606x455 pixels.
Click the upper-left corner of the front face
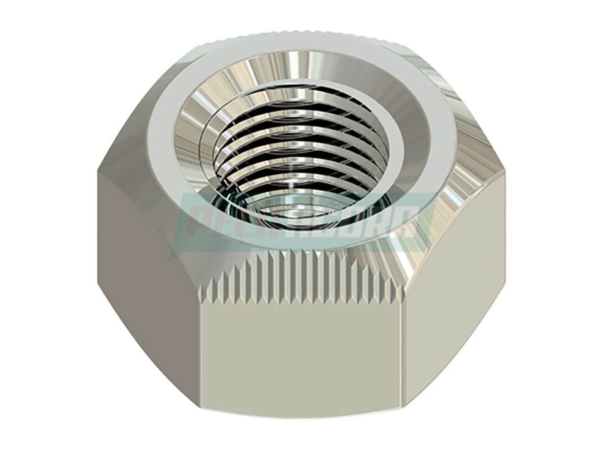tap(202, 298)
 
